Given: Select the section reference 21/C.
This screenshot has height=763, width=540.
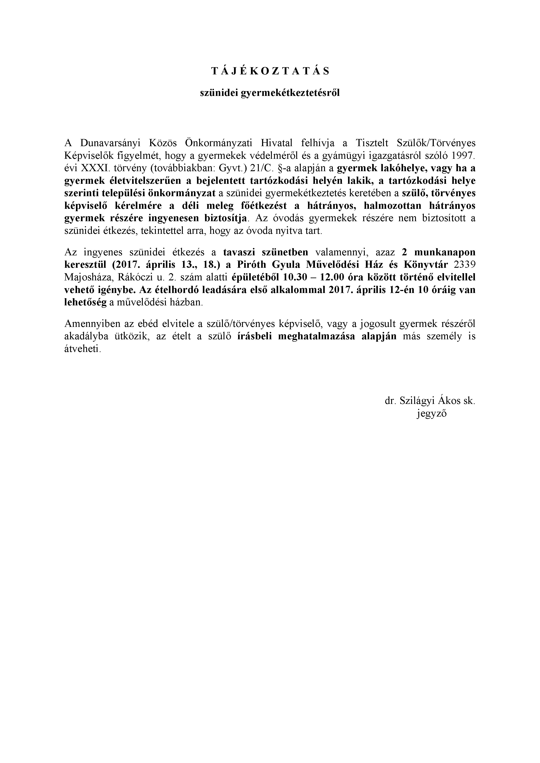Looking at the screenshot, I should tap(263, 168).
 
